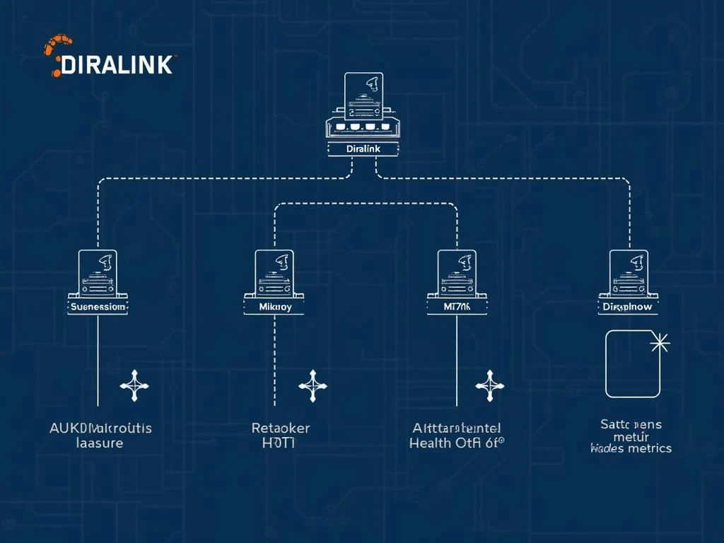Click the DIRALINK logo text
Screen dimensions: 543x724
[x=117, y=65]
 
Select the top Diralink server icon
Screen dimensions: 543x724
[x=363, y=106]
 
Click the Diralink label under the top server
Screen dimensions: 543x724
[x=363, y=149]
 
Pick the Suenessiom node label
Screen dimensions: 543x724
[x=98, y=308]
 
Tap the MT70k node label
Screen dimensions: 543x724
[x=457, y=308]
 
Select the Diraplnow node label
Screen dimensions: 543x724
[x=629, y=308]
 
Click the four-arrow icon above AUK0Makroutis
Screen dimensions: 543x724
[x=134, y=385]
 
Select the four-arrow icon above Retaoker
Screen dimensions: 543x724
[x=313, y=385]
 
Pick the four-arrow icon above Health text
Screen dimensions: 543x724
[x=489, y=385]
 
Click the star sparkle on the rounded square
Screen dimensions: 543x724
[x=659, y=344]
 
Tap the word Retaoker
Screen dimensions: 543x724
[x=281, y=428]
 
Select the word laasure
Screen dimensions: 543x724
[x=99, y=443]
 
